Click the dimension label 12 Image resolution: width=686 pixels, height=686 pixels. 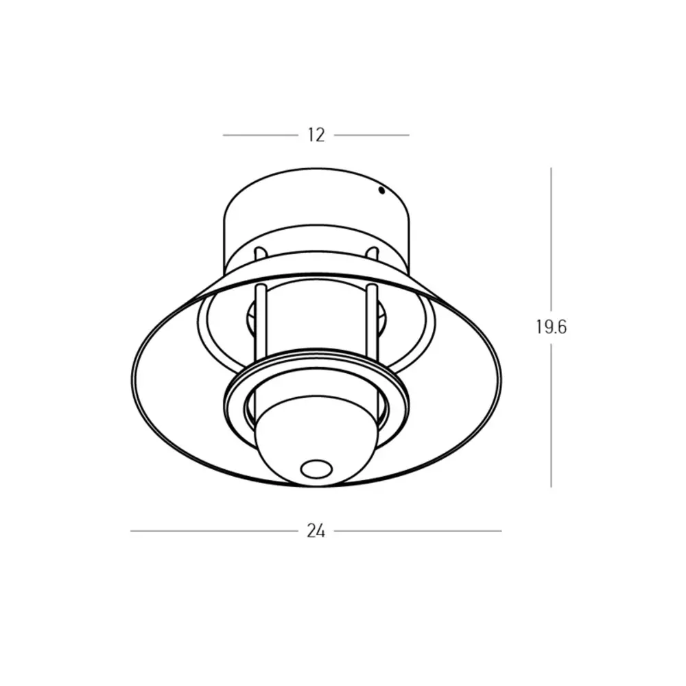(x=316, y=135)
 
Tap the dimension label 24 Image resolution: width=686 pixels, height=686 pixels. (x=316, y=531)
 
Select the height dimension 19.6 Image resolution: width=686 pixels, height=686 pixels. (x=552, y=327)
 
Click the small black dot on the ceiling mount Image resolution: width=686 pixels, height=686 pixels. (x=381, y=190)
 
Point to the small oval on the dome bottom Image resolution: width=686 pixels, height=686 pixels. (x=316, y=469)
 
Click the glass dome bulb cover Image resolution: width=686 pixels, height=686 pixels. (x=316, y=442)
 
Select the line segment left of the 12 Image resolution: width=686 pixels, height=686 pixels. (x=260, y=135)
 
